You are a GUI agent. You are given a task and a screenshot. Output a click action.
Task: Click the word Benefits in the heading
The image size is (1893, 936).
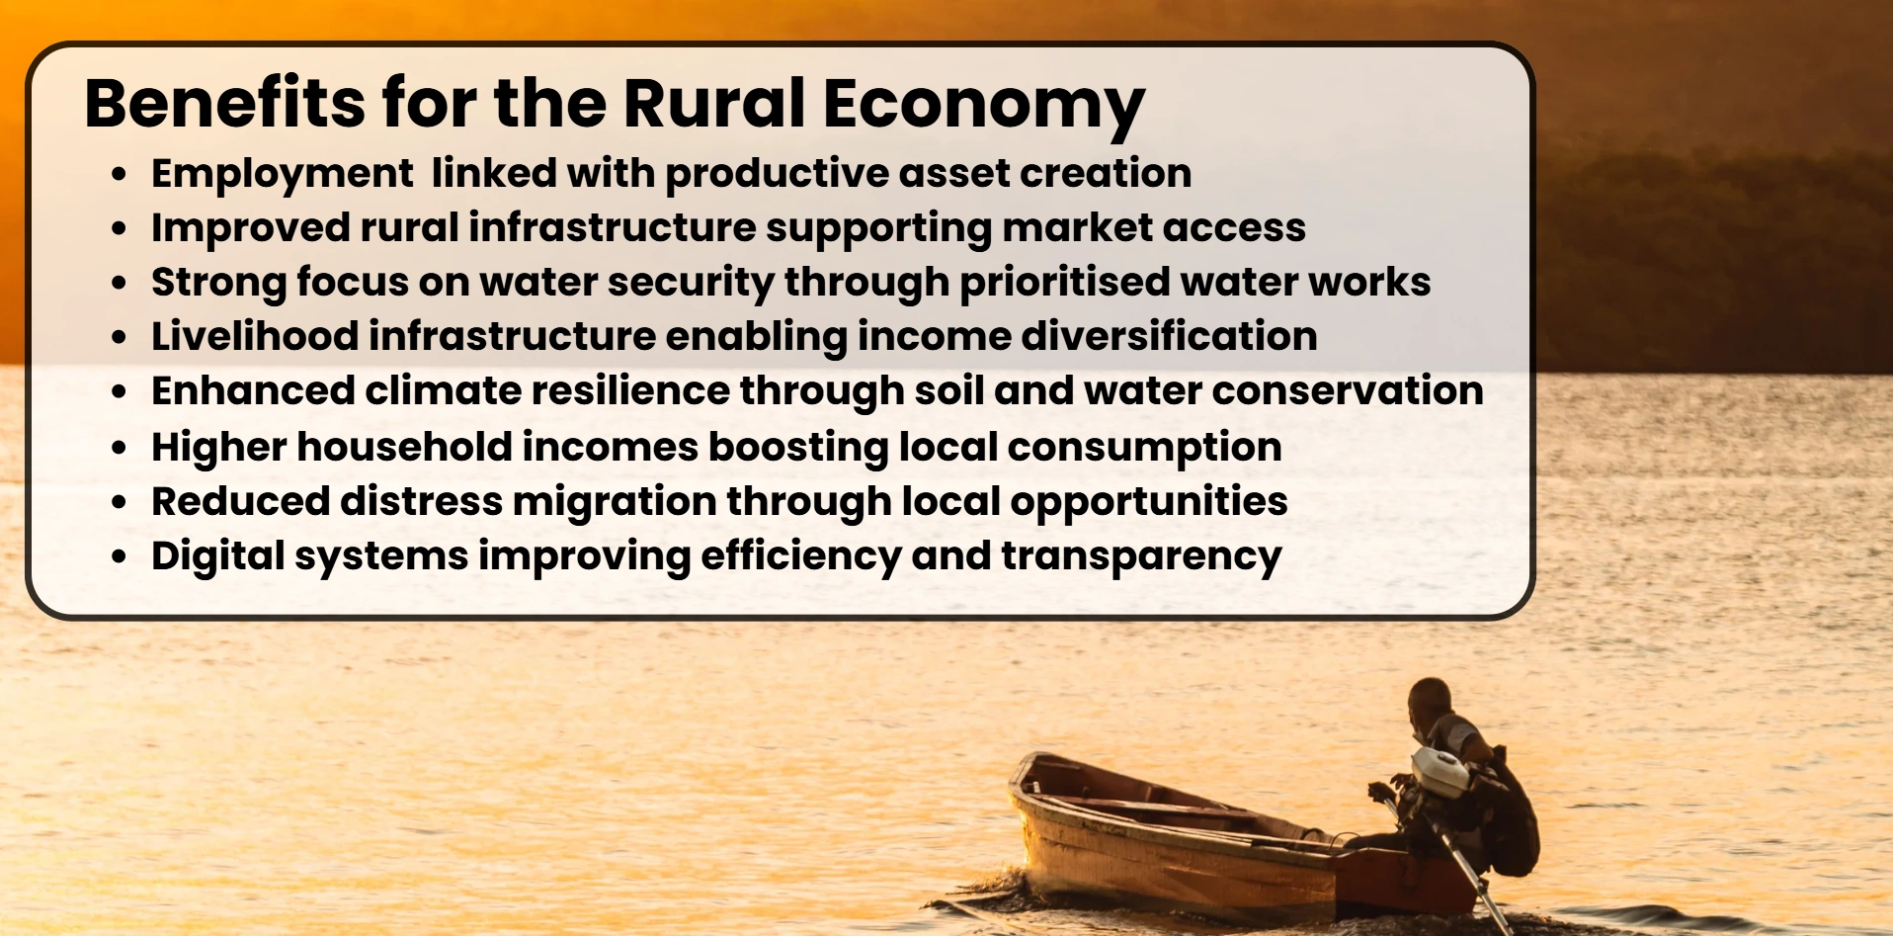(225, 102)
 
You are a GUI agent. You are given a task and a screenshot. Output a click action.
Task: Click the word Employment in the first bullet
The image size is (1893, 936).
(282, 175)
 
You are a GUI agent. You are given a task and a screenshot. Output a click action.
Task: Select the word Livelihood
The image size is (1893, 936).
(255, 336)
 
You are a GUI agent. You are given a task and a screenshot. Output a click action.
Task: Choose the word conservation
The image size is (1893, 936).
(1348, 391)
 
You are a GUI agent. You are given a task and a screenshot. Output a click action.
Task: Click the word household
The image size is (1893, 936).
(404, 447)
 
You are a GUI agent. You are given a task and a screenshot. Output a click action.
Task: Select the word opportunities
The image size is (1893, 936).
(1148, 503)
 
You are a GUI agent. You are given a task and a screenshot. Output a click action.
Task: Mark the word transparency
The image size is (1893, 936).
(1141, 557)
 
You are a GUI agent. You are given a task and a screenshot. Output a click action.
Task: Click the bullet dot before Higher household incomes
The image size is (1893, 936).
(120, 448)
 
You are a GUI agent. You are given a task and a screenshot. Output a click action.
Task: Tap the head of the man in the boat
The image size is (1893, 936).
(1429, 701)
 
